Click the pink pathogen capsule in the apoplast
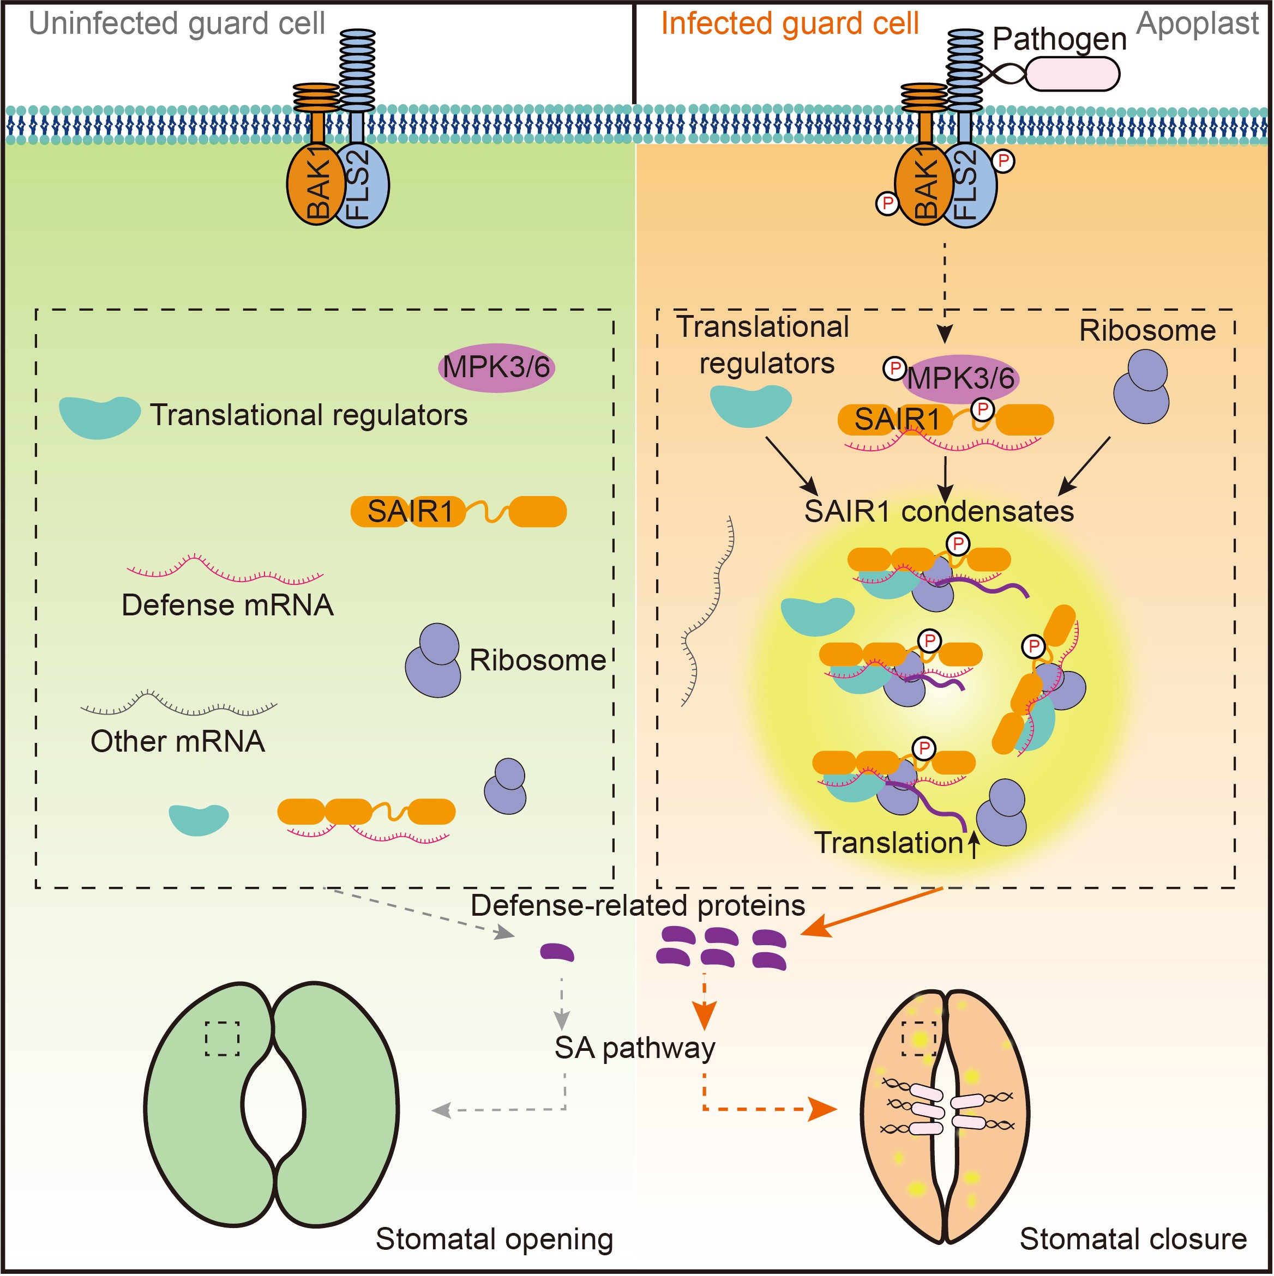tap(1072, 73)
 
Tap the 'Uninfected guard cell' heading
tap(177, 24)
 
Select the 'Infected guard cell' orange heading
tap(790, 24)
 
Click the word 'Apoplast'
tap(1197, 24)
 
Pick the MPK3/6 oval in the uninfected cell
tap(496, 368)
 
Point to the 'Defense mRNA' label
tap(227, 605)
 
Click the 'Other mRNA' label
tap(178, 741)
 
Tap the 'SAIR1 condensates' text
tap(939, 511)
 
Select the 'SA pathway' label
tap(634, 1048)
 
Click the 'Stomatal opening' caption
tap(494, 1239)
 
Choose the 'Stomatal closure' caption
tap(1133, 1239)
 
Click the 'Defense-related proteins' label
tap(638, 905)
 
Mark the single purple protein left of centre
tap(557, 952)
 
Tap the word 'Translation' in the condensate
tap(889, 843)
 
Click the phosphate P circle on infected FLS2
tap(1003, 160)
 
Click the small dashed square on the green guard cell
tap(222, 1039)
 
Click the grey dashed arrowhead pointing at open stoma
tap(441, 1110)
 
